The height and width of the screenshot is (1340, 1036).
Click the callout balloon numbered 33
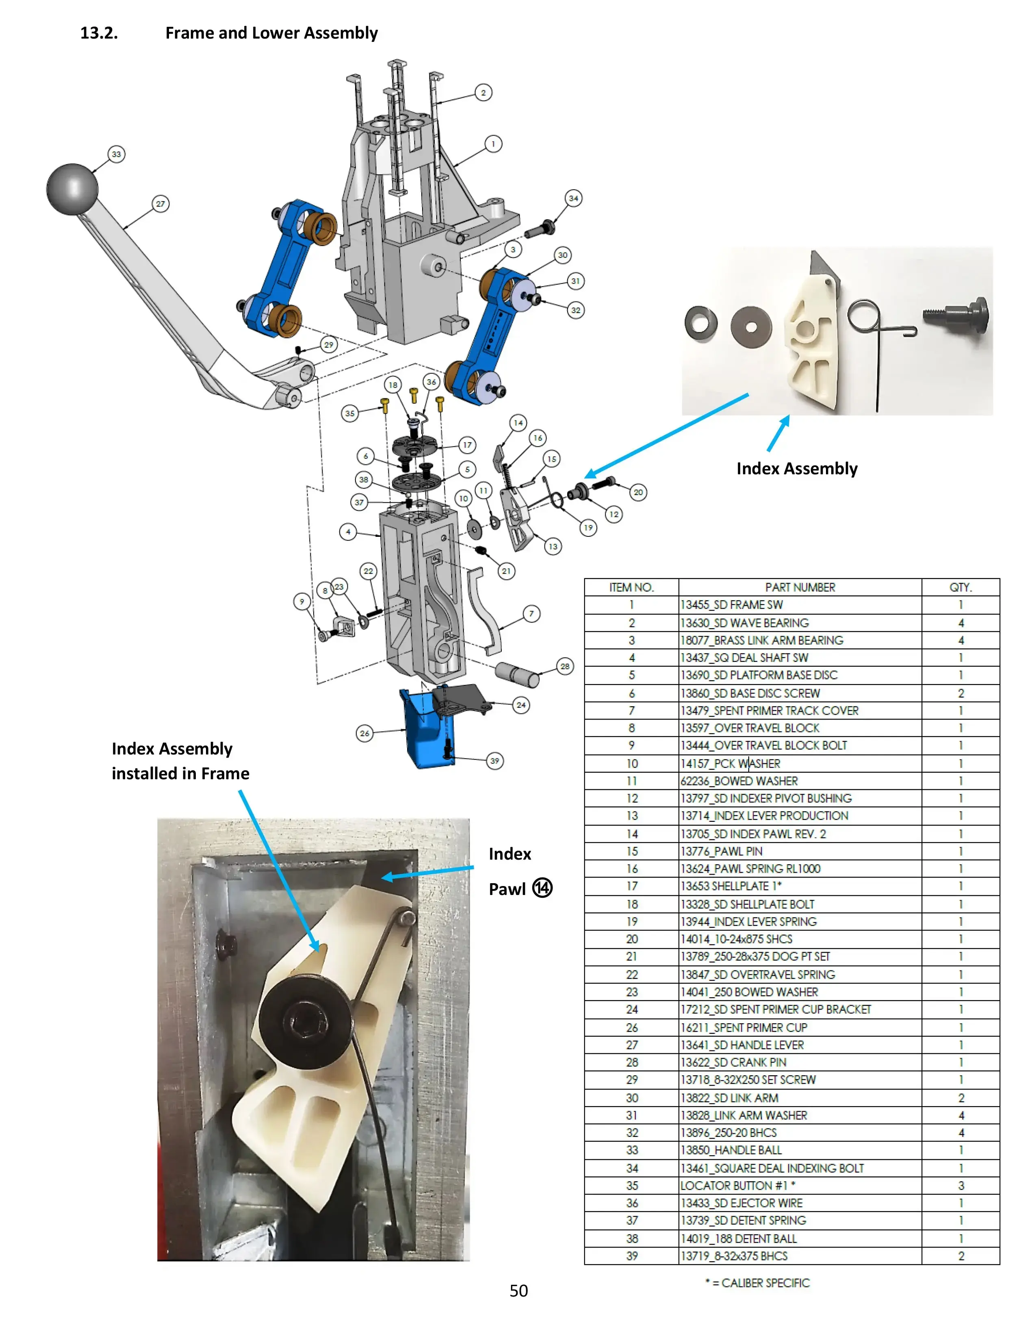[116, 154]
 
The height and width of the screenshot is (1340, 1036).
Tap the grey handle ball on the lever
[72, 189]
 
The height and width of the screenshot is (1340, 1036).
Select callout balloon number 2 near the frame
[483, 93]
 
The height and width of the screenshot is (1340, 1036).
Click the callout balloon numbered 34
[573, 198]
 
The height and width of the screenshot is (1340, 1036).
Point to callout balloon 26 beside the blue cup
[364, 733]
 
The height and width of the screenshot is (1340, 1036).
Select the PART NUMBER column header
[800, 587]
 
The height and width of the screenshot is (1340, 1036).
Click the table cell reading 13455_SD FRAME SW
[732, 605]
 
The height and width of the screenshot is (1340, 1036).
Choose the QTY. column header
[960, 587]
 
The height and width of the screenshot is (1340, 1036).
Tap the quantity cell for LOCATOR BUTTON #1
[960, 1185]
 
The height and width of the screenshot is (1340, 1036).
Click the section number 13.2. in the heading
[99, 33]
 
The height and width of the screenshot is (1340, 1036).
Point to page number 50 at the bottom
[519, 1291]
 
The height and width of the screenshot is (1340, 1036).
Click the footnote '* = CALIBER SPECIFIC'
[757, 1283]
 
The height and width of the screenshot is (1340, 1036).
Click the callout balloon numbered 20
[638, 492]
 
